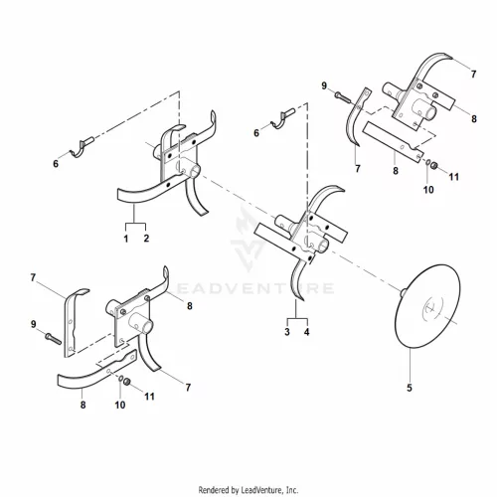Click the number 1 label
pyautogui.click(x=126, y=239)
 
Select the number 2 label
pyautogui.click(x=146, y=239)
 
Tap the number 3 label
pyautogui.click(x=287, y=332)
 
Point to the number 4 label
pyautogui.click(x=307, y=332)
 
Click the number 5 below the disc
pyautogui.click(x=410, y=388)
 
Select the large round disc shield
pyautogui.click(x=427, y=306)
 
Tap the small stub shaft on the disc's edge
pyautogui.click(x=403, y=292)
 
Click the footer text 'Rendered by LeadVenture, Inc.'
pyautogui.click(x=248, y=489)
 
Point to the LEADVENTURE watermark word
pyautogui.click(x=253, y=288)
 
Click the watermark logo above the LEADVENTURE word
pyautogui.click(x=248, y=239)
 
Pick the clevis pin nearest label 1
pyautogui.click(x=82, y=146)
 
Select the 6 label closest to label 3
pyautogui.click(x=256, y=133)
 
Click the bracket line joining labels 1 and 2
pyautogui.click(x=135, y=224)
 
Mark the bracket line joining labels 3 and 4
pyautogui.click(x=297, y=319)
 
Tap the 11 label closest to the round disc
pyautogui.click(x=454, y=177)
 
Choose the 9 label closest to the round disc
pyautogui.click(x=324, y=85)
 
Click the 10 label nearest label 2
pyautogui.click(x=120, y=405)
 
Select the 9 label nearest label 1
pyautogui.click(x=33, y=324)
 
